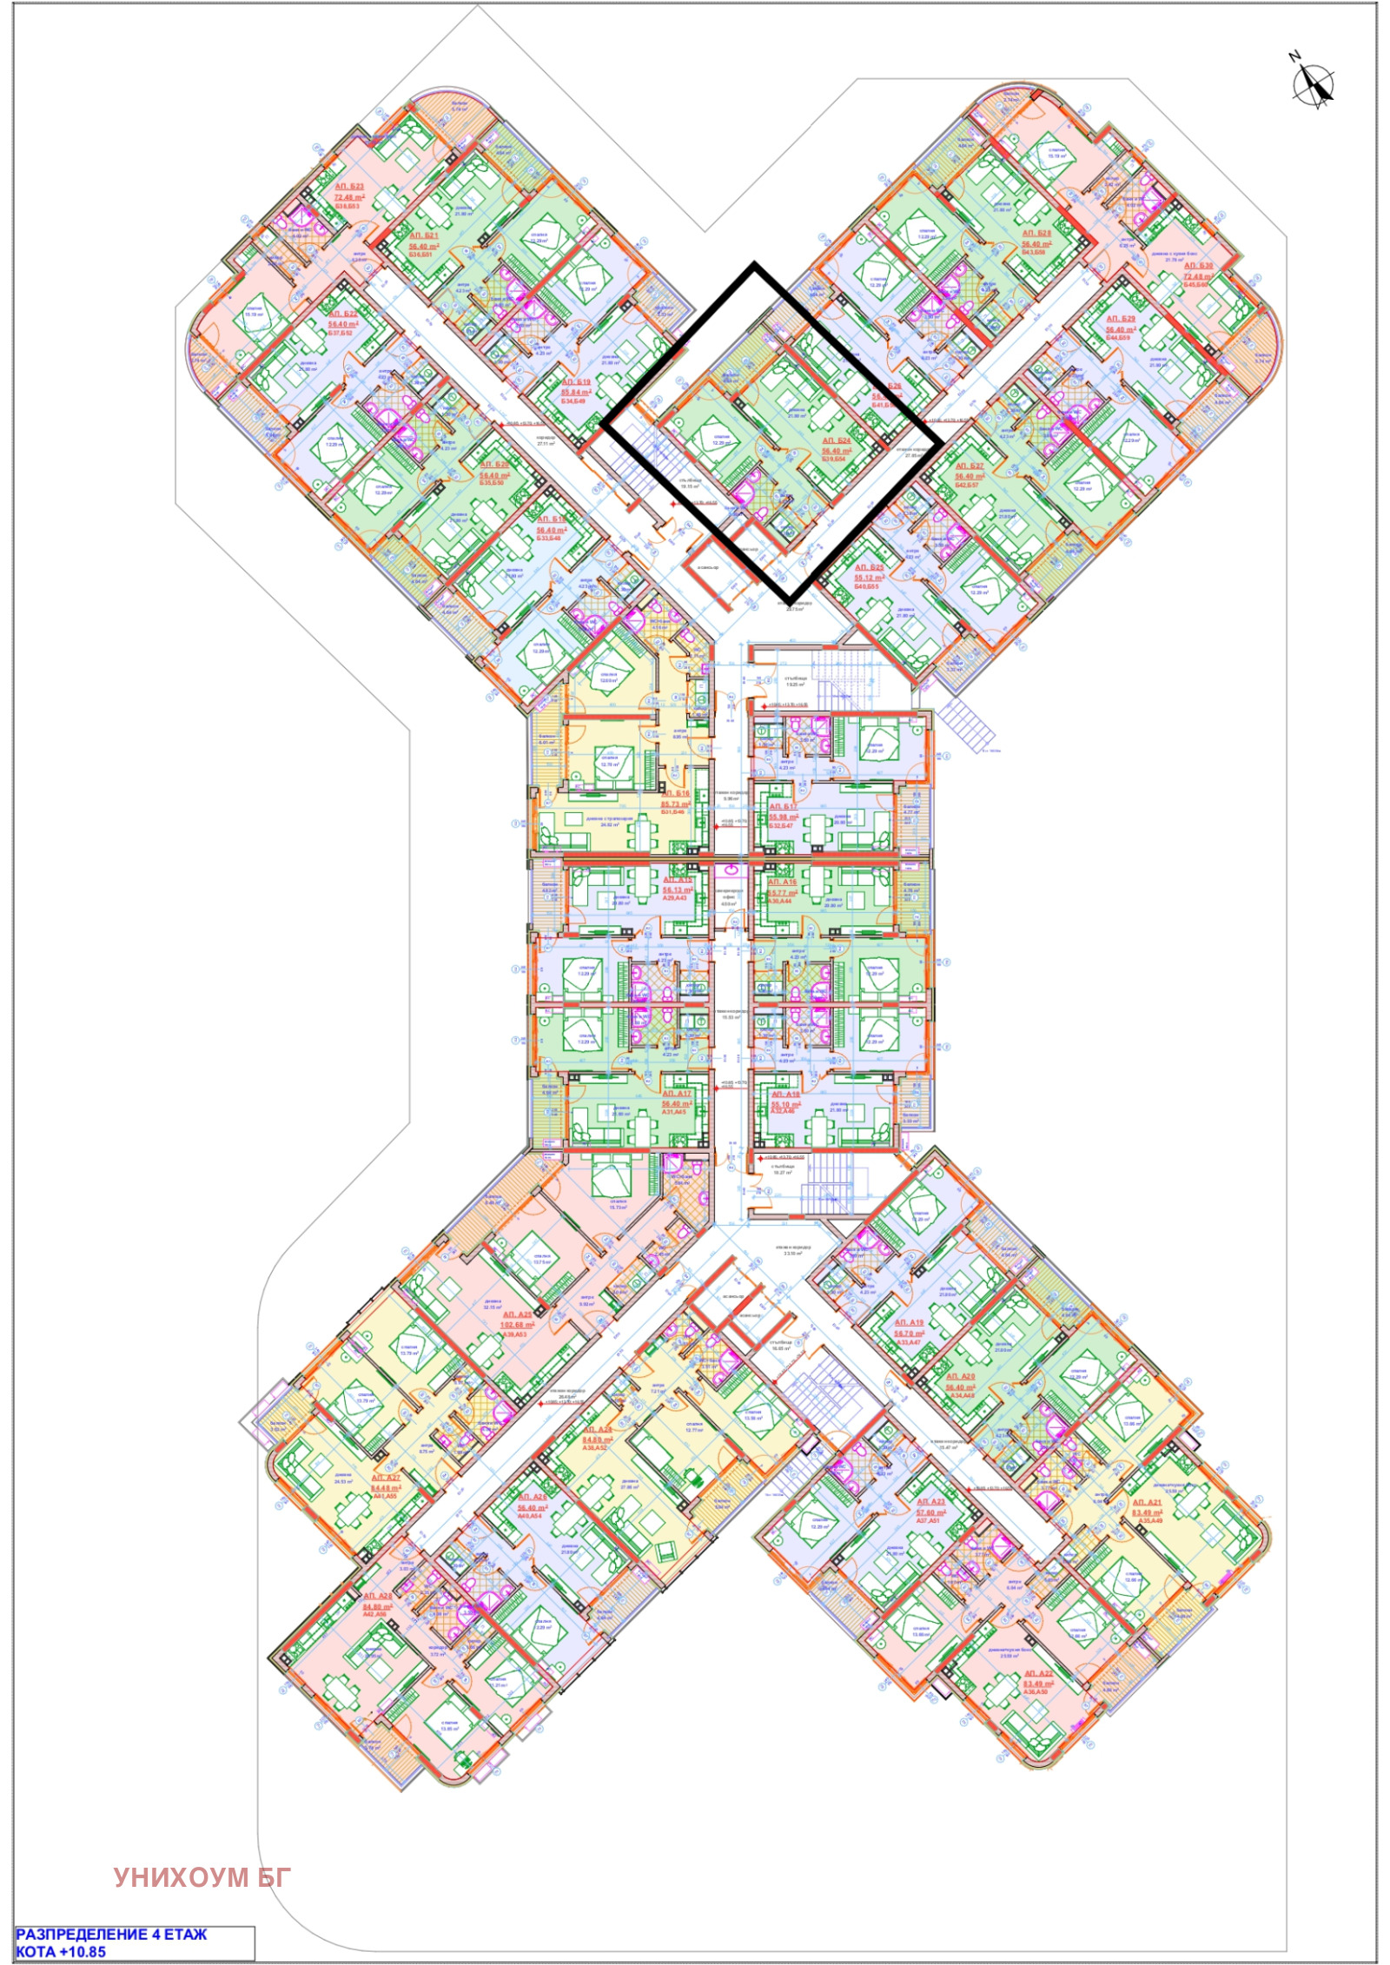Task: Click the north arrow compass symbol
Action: point(1313,84)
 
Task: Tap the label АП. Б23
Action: point(350,186)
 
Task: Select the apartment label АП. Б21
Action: point(425,235)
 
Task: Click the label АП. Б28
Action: point(1036,233)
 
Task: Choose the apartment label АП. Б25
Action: point(869,566)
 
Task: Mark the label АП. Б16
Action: point(676,793)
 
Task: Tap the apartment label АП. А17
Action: point(677,1094)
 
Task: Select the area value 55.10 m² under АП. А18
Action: point(785,1104)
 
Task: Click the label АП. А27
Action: point(386,1477)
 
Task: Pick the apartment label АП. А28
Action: point(378,1595)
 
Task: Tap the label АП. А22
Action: point(1038,1672)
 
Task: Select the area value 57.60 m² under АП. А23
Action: point(930,1512)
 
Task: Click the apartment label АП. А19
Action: point(910,1321)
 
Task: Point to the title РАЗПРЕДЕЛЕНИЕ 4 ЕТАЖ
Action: point(112,1934)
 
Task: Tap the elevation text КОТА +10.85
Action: point(61,1951)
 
